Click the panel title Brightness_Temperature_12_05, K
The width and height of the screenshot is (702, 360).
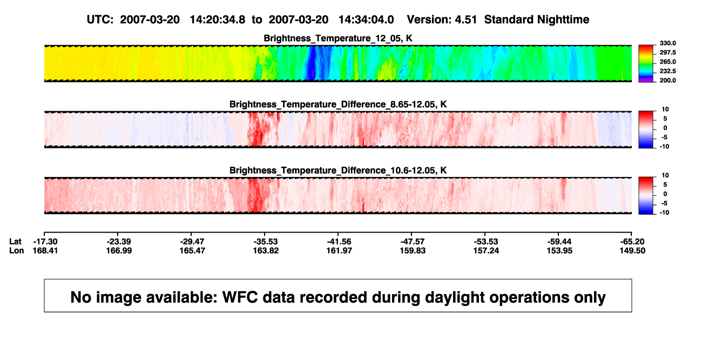point(338,38)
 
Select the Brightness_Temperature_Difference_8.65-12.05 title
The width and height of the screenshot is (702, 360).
point(338,104)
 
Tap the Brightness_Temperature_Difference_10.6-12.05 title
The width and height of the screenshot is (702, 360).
point(338,171)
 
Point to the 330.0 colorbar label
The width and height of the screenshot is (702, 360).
point(667,43)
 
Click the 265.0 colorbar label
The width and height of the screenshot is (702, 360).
point(667,62)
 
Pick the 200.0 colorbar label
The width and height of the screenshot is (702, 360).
point(667,80)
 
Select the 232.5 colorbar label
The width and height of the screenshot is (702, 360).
point(667,71)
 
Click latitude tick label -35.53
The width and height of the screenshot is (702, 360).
point(266,242)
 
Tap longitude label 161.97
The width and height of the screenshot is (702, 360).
point(339,250)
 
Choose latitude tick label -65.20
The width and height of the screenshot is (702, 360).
point(632,242)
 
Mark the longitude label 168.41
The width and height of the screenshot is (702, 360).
point(45,250)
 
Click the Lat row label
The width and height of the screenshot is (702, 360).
point(15,242)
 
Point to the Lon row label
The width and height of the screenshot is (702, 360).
point(17,250)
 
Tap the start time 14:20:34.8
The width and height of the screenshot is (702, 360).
point(218,20)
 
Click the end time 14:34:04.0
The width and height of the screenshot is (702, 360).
point(366,20)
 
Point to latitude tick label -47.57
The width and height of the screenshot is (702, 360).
point(413,242)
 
